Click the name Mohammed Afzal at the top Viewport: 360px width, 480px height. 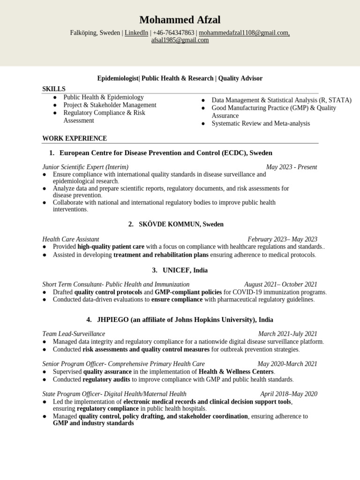180,20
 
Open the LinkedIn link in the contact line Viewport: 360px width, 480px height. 136,33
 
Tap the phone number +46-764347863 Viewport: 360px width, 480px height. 173,33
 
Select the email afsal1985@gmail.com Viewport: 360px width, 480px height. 180,40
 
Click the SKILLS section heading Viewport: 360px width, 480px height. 54,89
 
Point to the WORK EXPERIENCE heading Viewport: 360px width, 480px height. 75,138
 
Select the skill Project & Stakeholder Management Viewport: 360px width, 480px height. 110,105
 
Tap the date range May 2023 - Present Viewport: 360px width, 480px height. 291,167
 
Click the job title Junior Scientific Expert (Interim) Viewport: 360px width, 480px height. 85,167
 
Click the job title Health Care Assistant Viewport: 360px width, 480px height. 71,239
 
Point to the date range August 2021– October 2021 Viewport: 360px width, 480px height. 280,285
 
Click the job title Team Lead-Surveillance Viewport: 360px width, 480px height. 74,334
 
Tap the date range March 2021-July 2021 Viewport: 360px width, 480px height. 287,334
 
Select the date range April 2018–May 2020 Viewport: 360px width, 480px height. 289,394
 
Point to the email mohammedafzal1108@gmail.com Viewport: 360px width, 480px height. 244,33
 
